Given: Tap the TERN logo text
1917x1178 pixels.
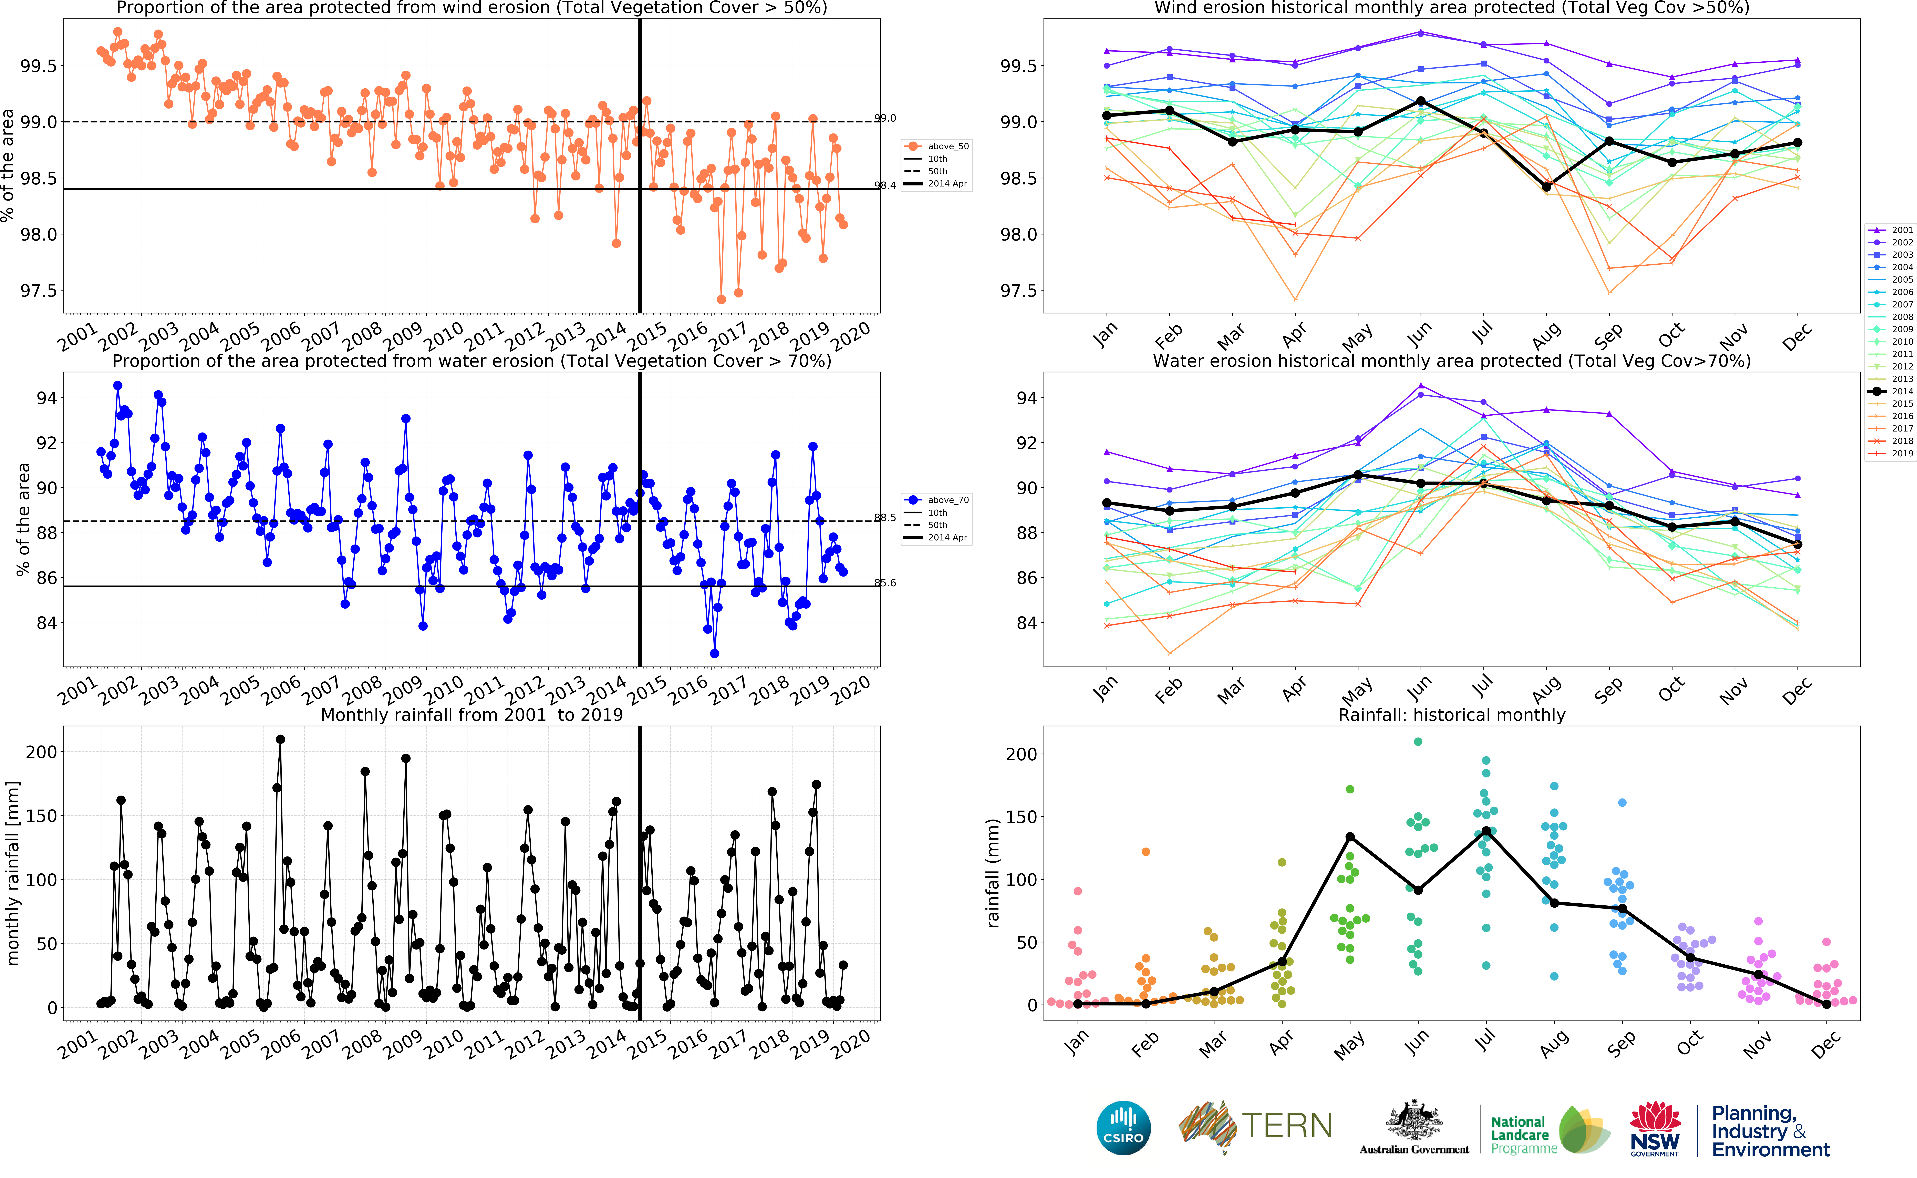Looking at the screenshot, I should (x=1286, y=1126).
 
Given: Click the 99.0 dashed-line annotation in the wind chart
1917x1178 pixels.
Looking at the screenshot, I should (x=885, y=118).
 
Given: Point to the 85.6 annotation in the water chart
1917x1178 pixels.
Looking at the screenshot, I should (x=885, y=583).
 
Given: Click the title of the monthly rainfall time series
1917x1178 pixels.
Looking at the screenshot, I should (x=472, y=714).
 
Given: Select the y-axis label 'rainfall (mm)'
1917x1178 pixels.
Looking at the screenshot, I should (x=993, y=873).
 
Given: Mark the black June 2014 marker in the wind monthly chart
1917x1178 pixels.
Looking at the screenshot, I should (x=1421, y=101).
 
